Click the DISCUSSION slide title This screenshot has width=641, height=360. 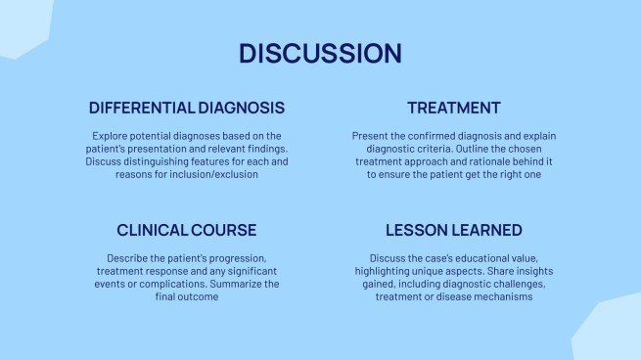coord(320,53)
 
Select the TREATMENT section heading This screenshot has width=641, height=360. coord(454,108)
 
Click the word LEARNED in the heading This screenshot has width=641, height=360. coord(487,231)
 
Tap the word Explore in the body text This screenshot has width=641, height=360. coord(111,136)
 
